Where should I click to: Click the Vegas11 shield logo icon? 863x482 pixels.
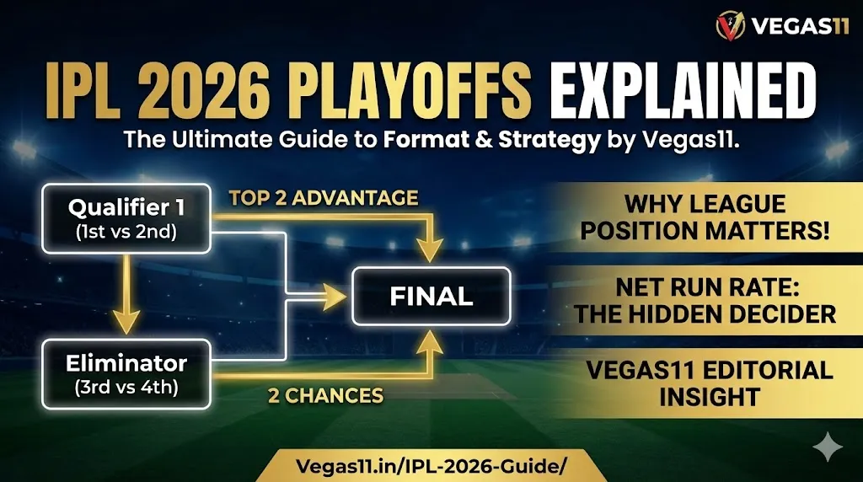730,26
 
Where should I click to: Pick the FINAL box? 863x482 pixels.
431,296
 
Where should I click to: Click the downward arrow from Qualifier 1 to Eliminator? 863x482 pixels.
126,291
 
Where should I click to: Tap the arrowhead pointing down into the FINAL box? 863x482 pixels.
432,249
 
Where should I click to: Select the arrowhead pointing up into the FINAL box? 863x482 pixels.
432,341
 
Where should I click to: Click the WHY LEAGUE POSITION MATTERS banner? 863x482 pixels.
705,218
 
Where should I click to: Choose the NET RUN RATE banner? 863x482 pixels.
705,302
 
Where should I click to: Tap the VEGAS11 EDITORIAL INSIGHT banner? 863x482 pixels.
705,383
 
